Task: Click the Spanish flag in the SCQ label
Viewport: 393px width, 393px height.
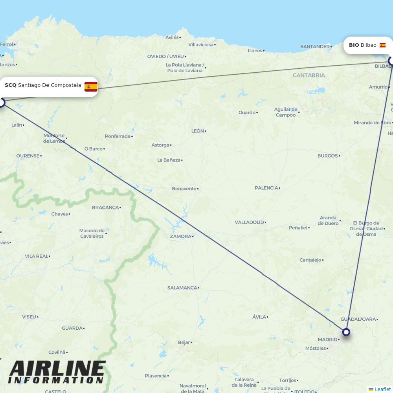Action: [91, 86]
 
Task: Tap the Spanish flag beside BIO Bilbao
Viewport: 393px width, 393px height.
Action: [382, 45]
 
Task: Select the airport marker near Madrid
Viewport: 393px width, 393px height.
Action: [346, 332]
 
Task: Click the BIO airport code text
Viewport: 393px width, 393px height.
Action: [354, 45]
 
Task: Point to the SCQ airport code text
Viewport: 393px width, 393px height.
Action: [11, 85]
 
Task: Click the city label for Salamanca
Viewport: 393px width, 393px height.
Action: [182, 288]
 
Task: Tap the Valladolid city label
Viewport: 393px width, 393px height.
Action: [249, 222]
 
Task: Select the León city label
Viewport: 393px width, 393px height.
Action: [197, 131]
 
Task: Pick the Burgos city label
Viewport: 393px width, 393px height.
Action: [327, 156]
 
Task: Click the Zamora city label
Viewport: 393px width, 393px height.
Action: [180, 237]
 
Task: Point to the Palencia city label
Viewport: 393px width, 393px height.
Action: [266, 188]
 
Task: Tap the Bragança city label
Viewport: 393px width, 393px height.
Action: [105, 208]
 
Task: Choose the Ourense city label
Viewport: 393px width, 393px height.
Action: [28, 156]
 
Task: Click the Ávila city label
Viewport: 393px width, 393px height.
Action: [259, 317]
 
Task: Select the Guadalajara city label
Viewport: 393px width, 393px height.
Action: [358, 319]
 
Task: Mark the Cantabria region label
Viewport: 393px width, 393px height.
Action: [309, 75]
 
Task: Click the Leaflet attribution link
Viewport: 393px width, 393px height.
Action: [382, 389]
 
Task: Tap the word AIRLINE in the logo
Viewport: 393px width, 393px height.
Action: [57, 369]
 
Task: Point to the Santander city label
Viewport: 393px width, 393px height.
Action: [314, 46]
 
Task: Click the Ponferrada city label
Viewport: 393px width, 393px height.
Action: [118, 136]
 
